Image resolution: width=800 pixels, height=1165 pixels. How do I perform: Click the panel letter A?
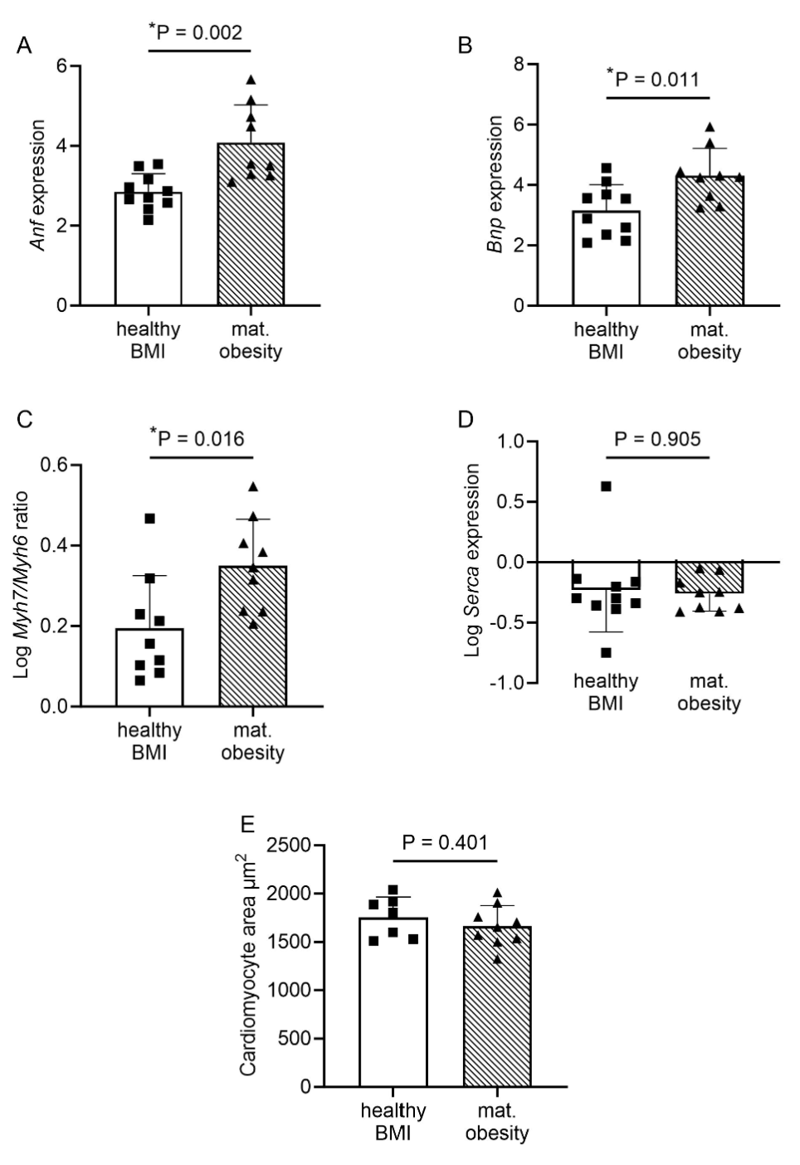25,46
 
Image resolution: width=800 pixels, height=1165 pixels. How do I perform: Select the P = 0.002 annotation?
196,32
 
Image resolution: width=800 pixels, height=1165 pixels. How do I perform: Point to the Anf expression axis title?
37,185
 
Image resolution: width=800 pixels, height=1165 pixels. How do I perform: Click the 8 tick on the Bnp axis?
519,64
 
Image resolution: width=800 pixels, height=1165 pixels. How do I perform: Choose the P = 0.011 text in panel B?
653,79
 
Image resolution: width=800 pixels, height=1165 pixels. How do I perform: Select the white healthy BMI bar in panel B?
606,266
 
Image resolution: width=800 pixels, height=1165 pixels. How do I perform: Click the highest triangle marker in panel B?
710,127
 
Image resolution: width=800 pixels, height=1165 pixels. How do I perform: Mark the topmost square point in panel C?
150,519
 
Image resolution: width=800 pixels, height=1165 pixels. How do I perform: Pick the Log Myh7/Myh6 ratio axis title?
22,584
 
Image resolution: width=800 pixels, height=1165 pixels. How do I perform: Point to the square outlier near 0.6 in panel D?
606,486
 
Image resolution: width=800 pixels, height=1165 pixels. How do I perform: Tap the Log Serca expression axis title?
473,560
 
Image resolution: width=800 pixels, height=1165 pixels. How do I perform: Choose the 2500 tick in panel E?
289,846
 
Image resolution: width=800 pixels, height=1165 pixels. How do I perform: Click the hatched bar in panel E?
497,1012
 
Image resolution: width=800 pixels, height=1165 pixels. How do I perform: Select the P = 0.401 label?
445,843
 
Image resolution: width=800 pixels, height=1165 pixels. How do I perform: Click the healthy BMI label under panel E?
393,1121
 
